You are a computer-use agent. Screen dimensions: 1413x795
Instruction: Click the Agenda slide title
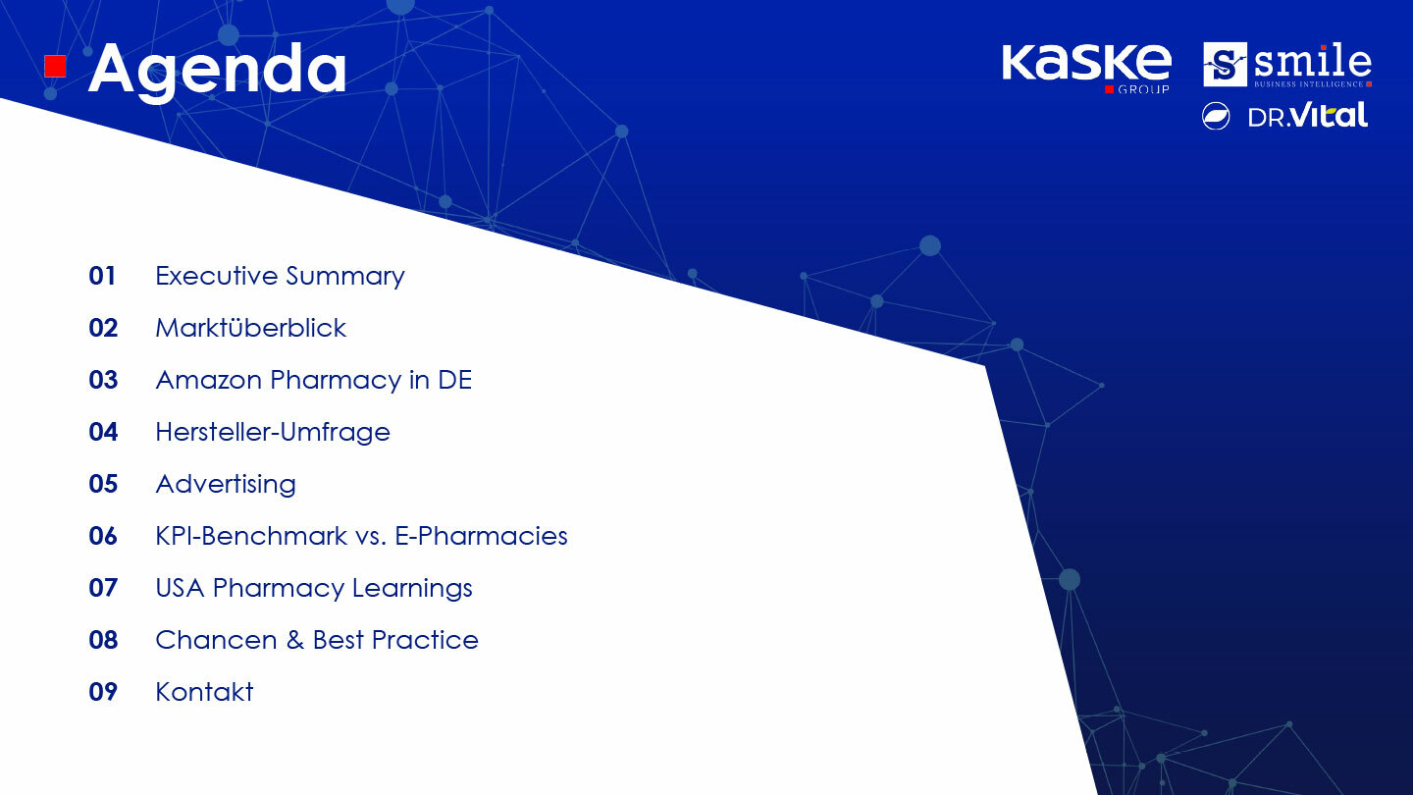click(217, 72)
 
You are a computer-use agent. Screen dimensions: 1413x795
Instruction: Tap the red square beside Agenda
click(56, 67)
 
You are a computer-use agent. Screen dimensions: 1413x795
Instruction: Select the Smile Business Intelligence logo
click(1287, 65)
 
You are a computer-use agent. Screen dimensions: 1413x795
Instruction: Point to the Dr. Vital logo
click(1285, 116)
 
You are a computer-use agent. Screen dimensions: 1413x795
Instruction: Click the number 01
click(102, 276)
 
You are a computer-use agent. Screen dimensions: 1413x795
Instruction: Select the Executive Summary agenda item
click(280, 277)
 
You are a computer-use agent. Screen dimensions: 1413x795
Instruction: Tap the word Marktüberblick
click(250, 328)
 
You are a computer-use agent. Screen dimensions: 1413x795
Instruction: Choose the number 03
click(103, 380)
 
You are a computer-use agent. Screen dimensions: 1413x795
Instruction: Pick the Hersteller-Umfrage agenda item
click(273, 432)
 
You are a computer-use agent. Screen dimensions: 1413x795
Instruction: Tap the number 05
click(103, 484)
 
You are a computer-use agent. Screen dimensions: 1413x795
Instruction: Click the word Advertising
click(226, 485)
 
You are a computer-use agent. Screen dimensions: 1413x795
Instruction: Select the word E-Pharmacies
click(481, 536)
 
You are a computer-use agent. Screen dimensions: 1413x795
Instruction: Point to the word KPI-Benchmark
click(251, 536)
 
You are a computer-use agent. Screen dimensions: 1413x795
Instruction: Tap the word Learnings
click(412, 589)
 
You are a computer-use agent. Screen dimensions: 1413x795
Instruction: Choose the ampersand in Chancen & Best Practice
click(294, 640)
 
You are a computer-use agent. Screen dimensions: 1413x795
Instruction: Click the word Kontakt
click(204, 692)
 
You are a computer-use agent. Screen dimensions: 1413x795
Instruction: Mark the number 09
click(103, 692)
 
